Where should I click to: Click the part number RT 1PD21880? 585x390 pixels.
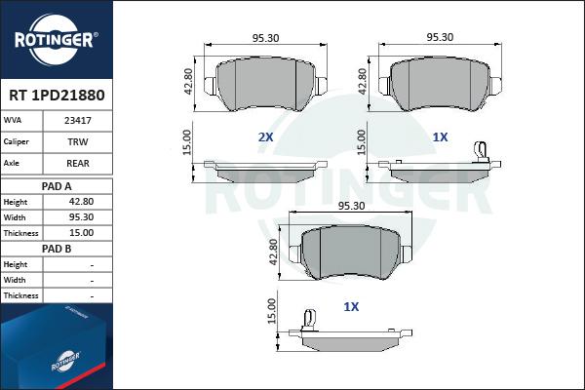coord(57,96)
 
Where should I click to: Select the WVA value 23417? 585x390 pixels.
coord(78,121)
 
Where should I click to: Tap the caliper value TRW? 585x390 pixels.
coord(78,142)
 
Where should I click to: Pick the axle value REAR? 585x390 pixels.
coord(78,164)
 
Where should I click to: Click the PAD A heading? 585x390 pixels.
coord(57,186)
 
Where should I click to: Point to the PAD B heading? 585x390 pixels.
coord(57,249)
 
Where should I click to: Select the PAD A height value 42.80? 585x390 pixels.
coord(81,202)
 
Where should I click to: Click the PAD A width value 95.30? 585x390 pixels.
coord(81,217)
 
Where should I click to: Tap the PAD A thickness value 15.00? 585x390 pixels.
coord(81,233)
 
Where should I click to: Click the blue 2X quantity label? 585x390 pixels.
coord(265,137)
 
